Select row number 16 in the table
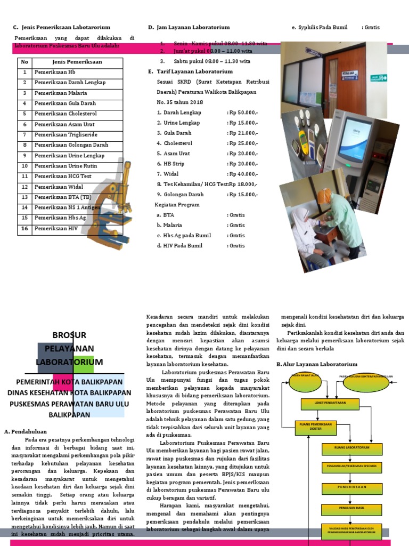tap(24, 228)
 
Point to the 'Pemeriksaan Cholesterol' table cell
tap(66, 114)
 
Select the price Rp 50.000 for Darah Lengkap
tap(242, 113)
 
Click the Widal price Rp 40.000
tap(242, 174)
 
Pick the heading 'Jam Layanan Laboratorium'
tap(193, 27)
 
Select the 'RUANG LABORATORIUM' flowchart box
tap(351, 447)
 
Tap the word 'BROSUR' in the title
tap(69, 335)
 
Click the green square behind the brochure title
tap(84, 365)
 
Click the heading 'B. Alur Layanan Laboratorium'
tap(316, 364)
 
